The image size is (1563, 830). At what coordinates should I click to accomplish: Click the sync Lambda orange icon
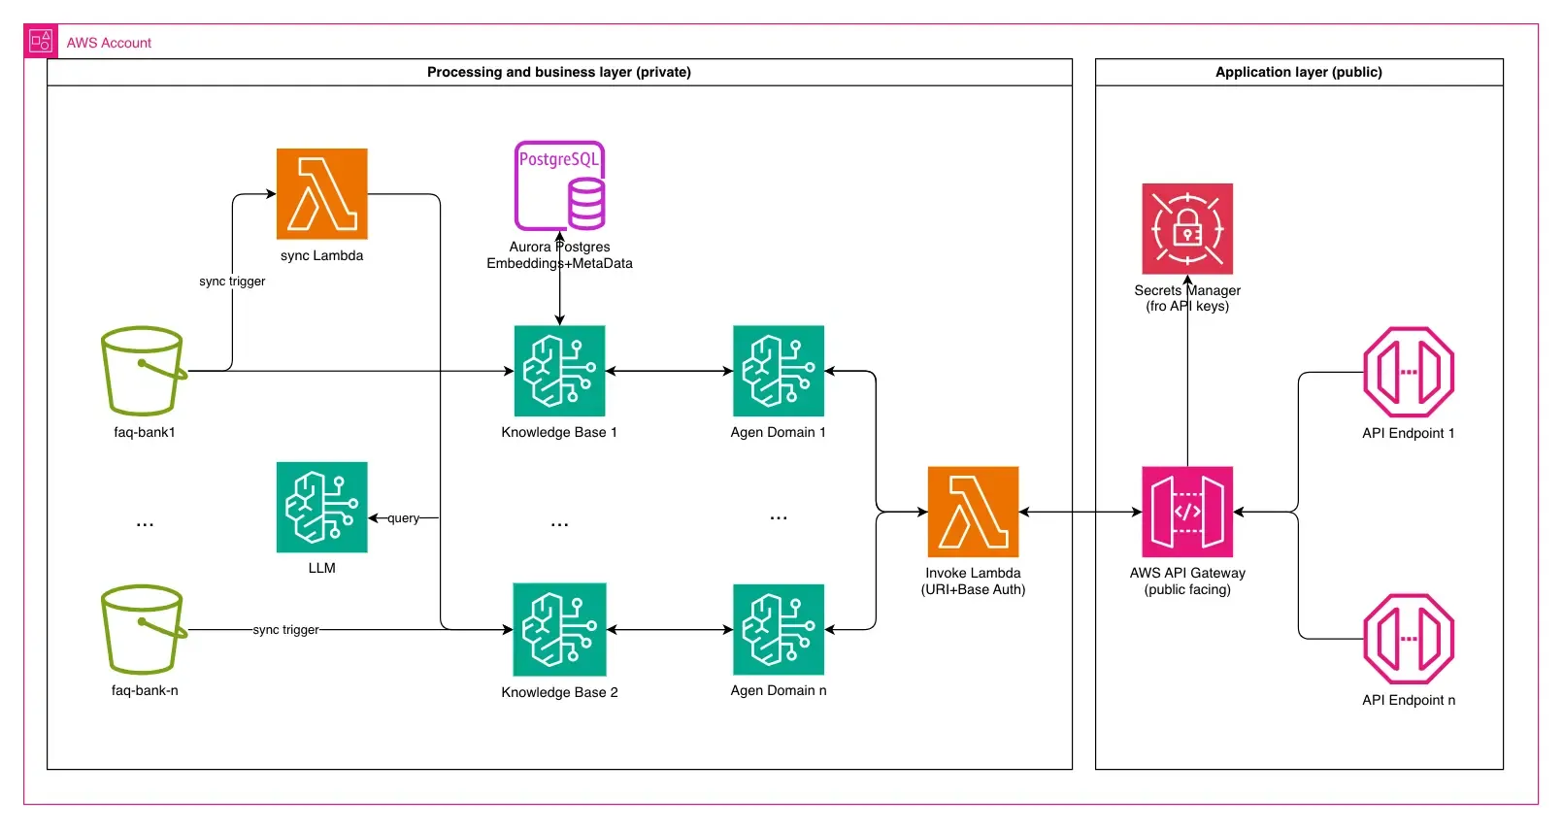(x=321, y=193)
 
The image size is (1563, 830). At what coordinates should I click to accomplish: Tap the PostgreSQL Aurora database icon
(x=560, y=185)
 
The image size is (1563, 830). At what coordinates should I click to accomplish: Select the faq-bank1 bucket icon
(x=144, y=371)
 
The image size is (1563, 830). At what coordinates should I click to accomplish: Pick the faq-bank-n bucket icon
(x=144, y=629)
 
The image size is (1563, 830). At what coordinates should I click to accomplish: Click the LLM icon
(x=321, y=507)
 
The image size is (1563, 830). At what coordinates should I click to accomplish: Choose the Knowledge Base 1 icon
(x=559, y=371)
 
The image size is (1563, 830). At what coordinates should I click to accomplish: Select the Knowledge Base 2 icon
(x=559, y=629)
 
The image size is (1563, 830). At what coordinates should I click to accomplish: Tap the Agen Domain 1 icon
(x=778, y=371)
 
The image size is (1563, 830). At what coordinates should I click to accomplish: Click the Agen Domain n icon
(x=778, y=629)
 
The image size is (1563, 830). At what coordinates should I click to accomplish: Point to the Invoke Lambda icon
(x=973, y=512)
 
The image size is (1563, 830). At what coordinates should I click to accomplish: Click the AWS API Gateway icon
(x=1187, y=512)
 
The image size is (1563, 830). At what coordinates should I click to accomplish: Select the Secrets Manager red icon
(x=1187, y=229)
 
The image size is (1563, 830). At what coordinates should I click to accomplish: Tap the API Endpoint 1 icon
(x=1409, y=372)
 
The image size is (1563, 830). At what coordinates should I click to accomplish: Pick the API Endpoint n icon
(x=1409, y=639)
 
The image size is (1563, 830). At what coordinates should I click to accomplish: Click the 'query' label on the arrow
(x=404, y=518)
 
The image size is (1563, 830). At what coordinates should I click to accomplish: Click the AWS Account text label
(x=109, y=43)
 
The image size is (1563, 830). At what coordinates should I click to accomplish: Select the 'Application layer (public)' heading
(x=1298, y=72)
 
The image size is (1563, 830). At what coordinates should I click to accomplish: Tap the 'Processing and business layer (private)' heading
(x=559, y=72)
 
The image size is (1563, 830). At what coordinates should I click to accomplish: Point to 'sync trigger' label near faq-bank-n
(x=285, y=630)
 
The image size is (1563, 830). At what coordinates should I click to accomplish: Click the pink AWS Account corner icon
(x=41, y=42)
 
